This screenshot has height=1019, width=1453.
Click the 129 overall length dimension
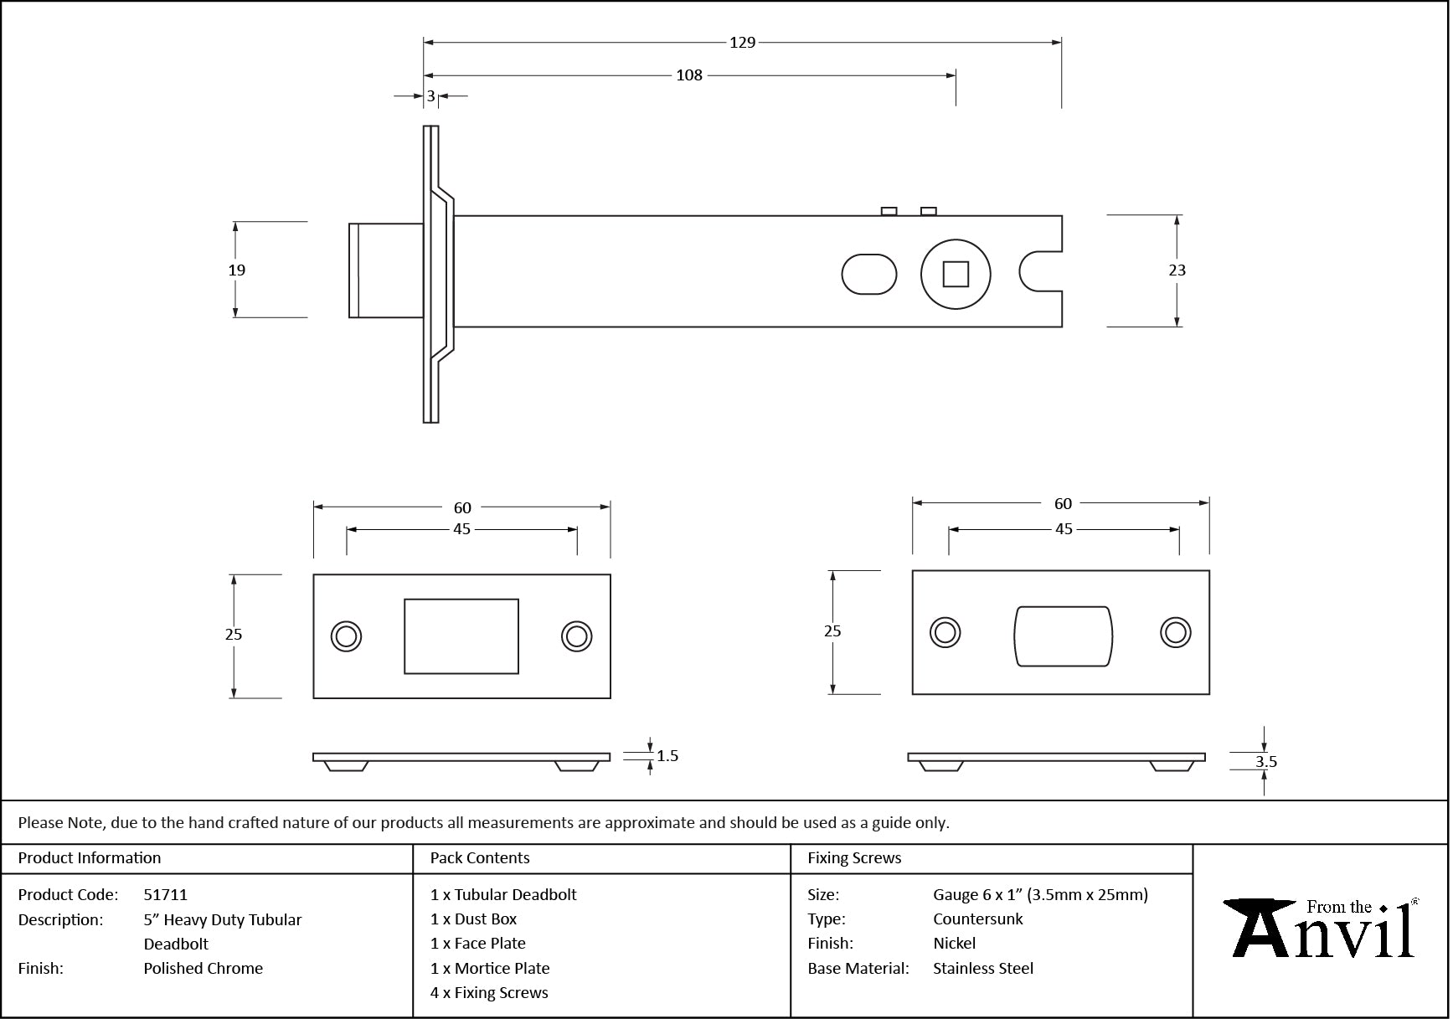coord(742,43)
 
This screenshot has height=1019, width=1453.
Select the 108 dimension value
coord(689,75)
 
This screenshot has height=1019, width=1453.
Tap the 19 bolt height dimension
coord(237,270)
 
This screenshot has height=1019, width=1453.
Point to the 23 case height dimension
coord(1177,270)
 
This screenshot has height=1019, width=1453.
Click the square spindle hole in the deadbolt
coord(956,274)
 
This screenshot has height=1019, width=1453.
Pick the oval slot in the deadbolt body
coord(868,274)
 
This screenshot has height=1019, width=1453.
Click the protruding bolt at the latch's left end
coord(385,270)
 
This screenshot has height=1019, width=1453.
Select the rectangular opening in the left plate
coord(461,636)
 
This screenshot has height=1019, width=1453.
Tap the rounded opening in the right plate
coord(1063,636)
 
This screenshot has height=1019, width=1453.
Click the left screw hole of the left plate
coord(346,636)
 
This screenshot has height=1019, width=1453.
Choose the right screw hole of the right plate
coord(1175,632)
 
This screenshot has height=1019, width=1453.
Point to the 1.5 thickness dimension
coord(667,756)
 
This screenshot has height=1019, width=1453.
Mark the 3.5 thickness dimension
coord(1265,761)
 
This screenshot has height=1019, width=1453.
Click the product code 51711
coord(166,894)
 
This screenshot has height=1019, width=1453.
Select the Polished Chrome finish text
coord(203,968)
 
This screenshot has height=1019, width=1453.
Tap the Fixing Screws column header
coord(854,857)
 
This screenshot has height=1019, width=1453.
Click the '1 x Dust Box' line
coord(473,919)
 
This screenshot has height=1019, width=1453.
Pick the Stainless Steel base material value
coord(983,968)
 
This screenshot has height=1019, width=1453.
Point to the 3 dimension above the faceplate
coord(431,96)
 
